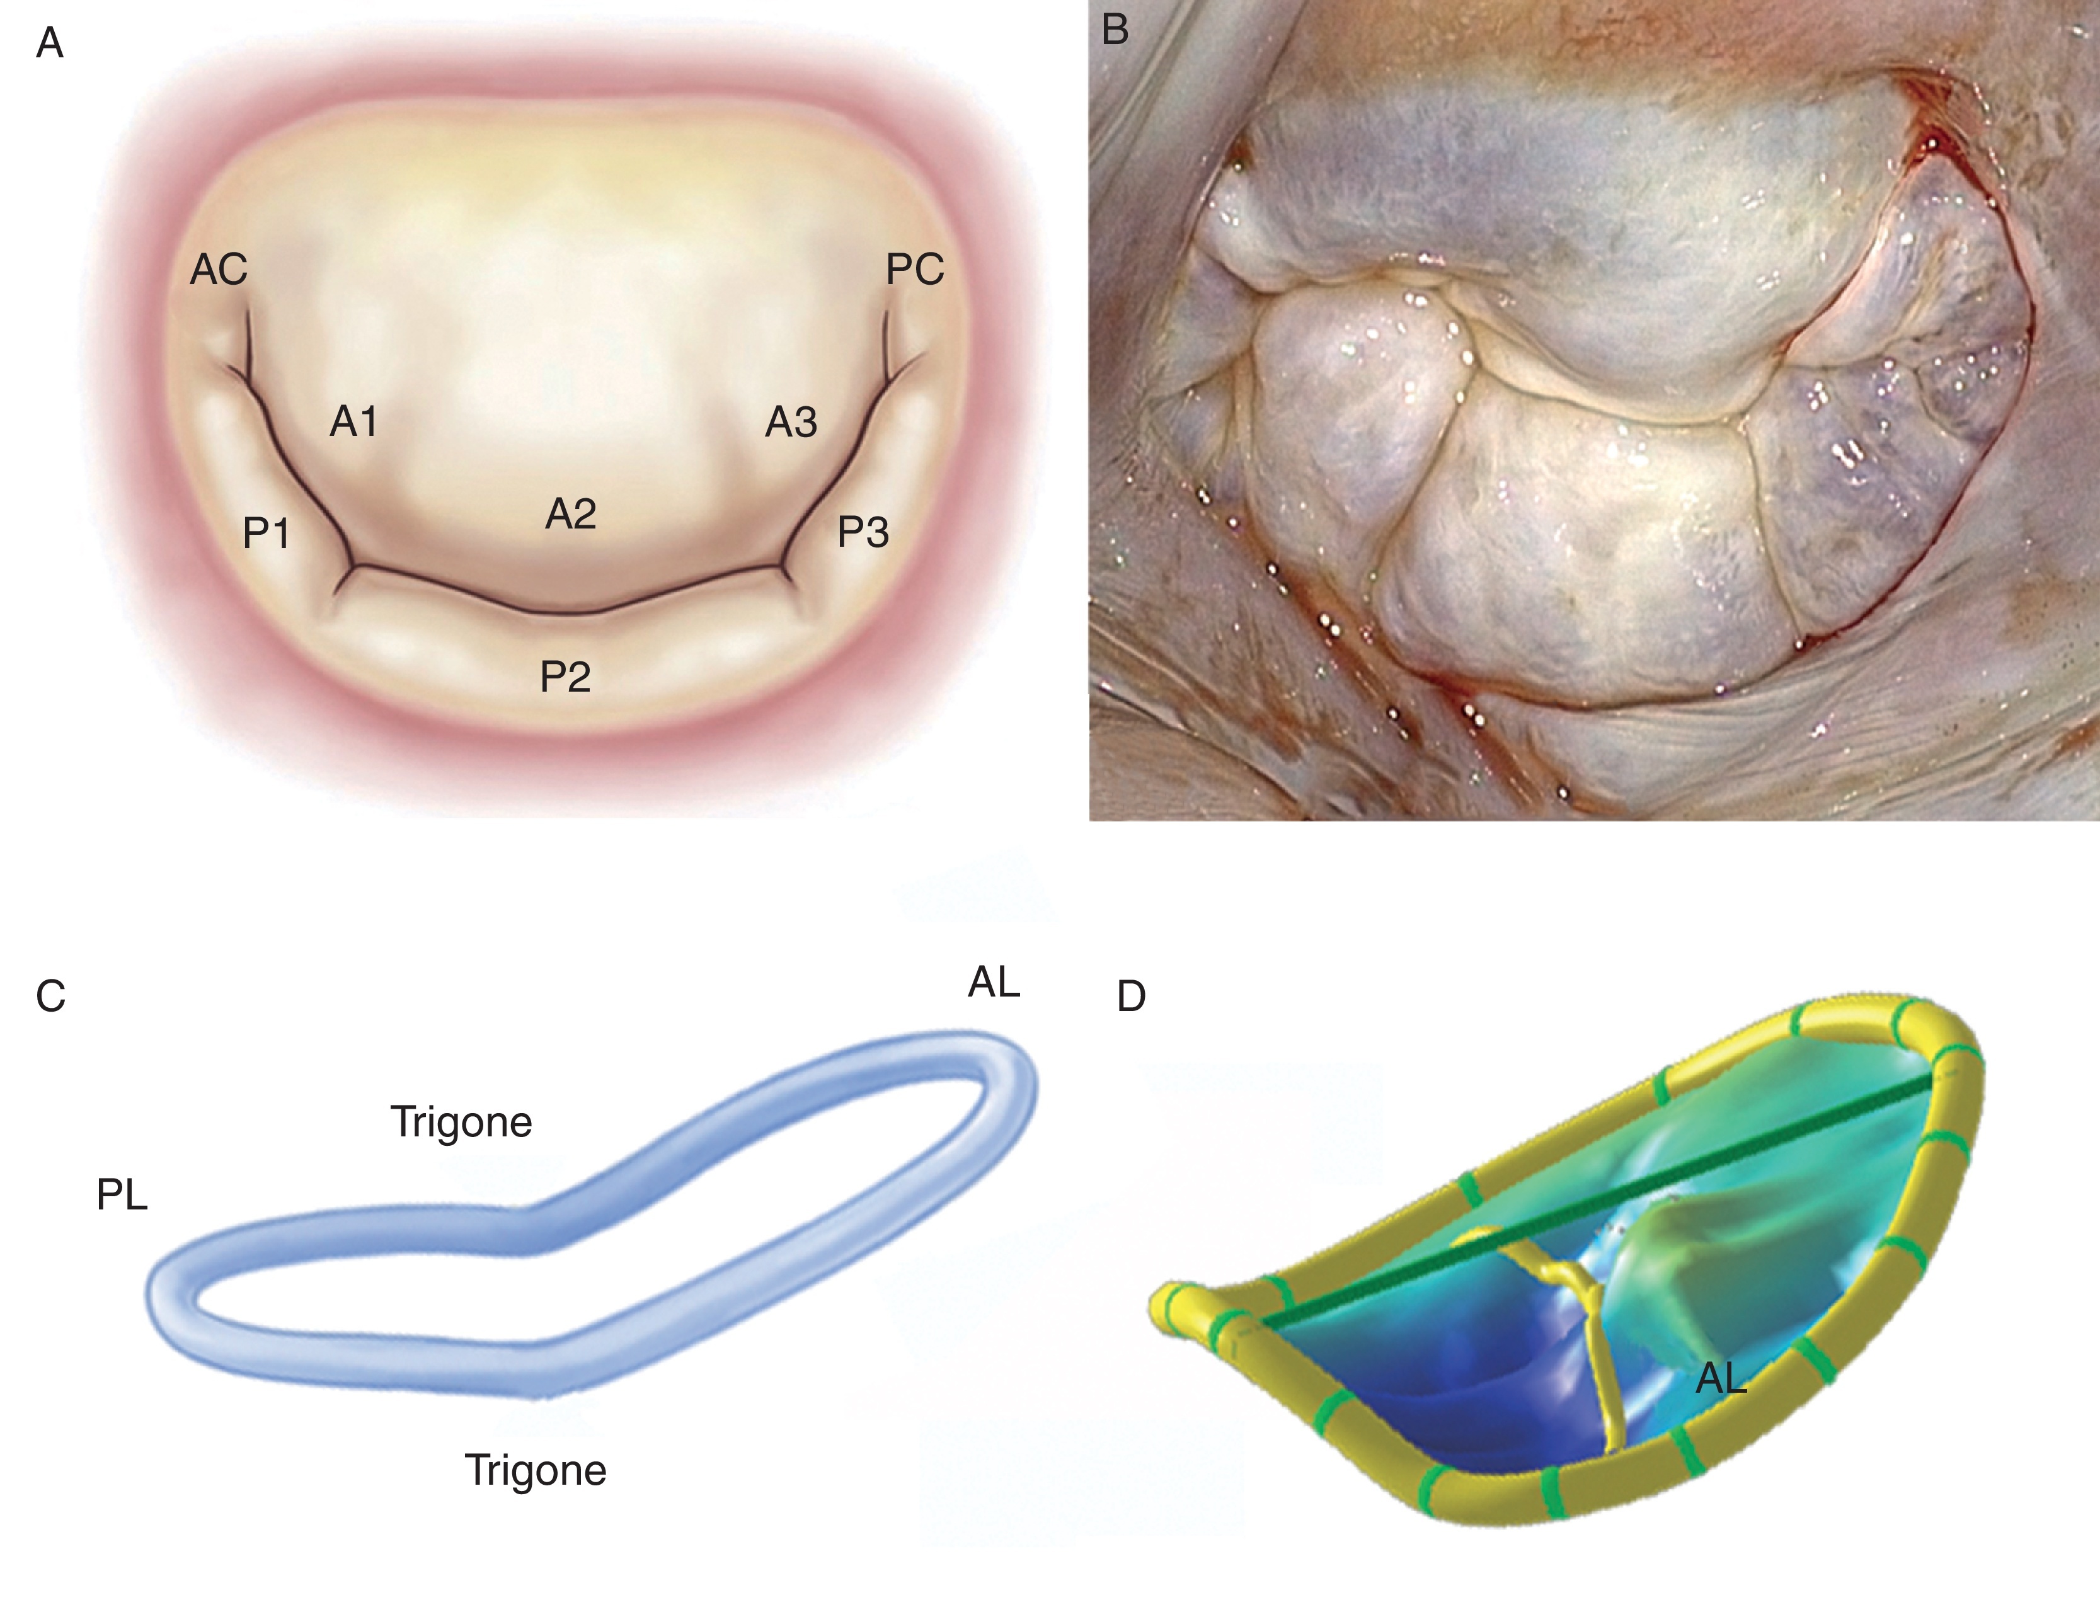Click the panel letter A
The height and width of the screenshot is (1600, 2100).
pos(50,43)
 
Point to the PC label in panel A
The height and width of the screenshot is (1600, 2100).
pos(914,270)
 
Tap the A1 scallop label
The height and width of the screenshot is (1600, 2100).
pos(353,421)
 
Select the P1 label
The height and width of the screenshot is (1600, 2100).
pos(266,534)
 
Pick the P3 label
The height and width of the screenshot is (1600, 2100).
pos(863,532)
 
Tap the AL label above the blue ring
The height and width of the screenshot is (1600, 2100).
pos(994,982)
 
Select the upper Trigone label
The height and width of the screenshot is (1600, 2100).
pos(461,1122)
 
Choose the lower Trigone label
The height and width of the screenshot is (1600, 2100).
pos(535,1470)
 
